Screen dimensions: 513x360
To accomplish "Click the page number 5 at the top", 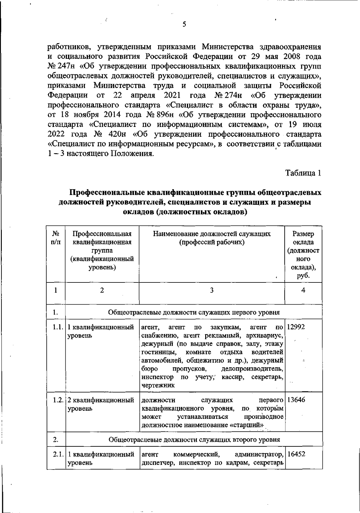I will point(184,25).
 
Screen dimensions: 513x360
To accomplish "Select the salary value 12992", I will point(296,327).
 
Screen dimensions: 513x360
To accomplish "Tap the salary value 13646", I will point(296,400).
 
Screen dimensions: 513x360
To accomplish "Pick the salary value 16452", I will point(296,454).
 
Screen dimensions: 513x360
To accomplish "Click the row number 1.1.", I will point(56,327).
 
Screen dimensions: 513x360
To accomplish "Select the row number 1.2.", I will point(56,400).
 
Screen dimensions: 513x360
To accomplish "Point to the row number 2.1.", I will point(56,454).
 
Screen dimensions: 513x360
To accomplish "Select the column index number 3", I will point(212,290).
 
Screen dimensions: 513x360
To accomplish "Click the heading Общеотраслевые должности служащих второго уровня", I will point(194,440).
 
